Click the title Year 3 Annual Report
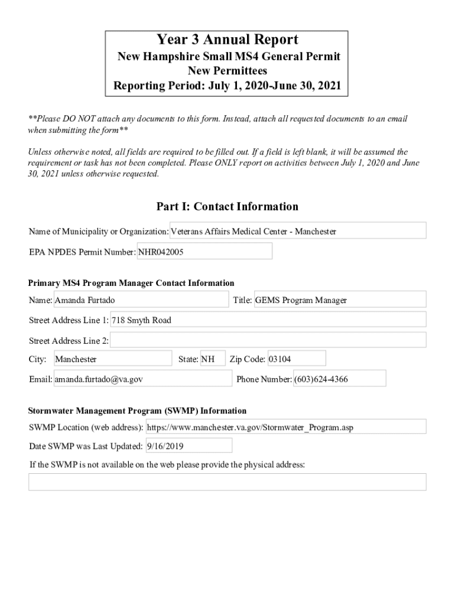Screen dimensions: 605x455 coord(227,40)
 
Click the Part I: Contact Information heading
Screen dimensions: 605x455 coord(227,206)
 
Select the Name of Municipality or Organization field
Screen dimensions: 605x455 coord(298,231)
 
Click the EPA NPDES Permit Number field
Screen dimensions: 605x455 coord(204,252)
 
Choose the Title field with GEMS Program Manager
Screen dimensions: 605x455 coord(339,300)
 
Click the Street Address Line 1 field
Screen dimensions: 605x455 coord(268,320)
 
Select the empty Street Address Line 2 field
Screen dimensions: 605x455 coord(268,340)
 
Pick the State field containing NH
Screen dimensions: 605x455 coord(212,359)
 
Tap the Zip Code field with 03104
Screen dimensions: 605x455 coord(296,359)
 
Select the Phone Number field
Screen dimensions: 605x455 coord(339,379)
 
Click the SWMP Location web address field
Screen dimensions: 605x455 coord(285,427)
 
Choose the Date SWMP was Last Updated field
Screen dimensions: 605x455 coord(188,446)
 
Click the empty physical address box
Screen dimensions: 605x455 coord(227,482)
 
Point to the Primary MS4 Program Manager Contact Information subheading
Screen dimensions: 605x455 coord(131,283)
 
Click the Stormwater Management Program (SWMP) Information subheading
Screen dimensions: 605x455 coord(138,411)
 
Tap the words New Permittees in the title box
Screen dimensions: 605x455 coord(227,71)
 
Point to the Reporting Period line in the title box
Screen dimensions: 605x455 coord(227,86)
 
